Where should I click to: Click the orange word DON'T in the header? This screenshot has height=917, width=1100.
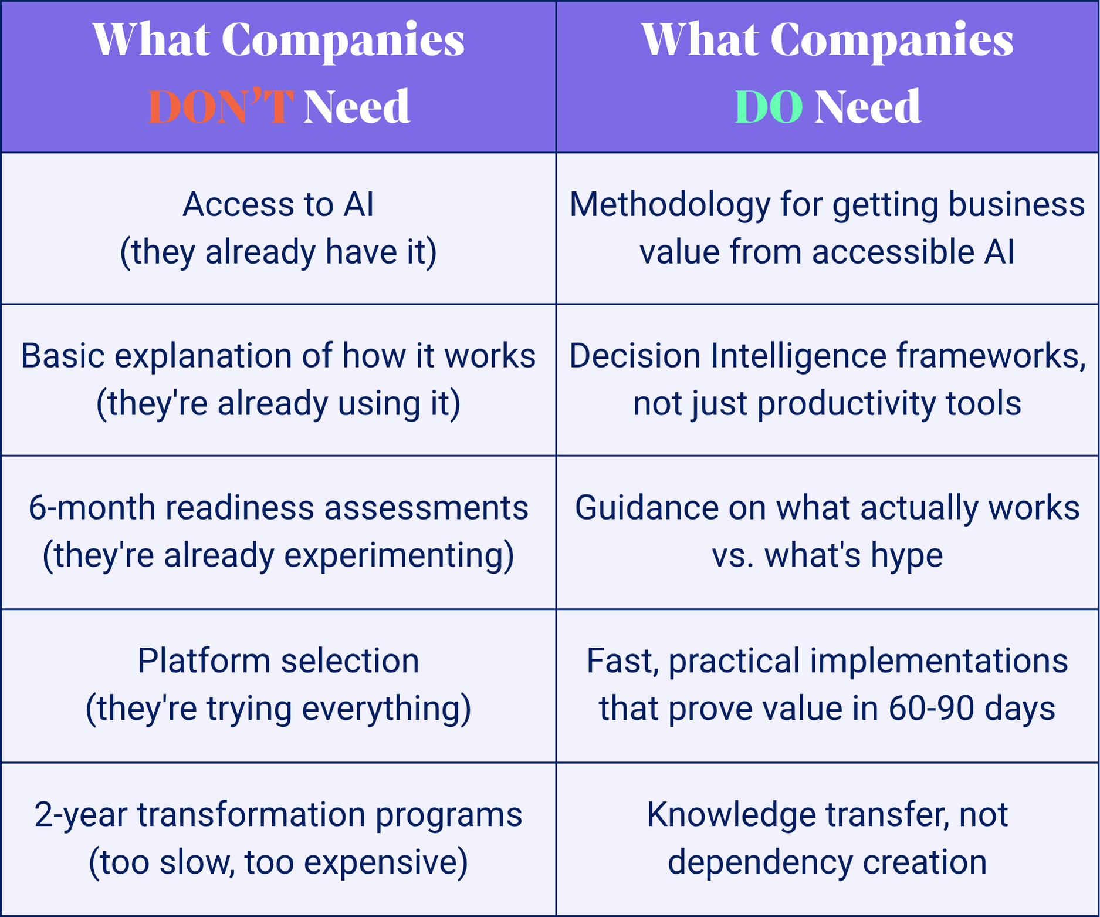click(221, 106)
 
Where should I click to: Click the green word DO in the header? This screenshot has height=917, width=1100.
click(769, 106)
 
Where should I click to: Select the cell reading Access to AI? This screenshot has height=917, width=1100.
click(278, 228)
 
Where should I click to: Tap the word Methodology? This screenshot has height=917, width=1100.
click(669, 205)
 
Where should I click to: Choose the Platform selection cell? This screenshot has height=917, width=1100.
click(278, 686)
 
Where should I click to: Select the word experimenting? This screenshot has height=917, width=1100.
click(394, 555)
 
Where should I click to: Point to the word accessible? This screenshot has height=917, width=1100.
click(889, 252)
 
